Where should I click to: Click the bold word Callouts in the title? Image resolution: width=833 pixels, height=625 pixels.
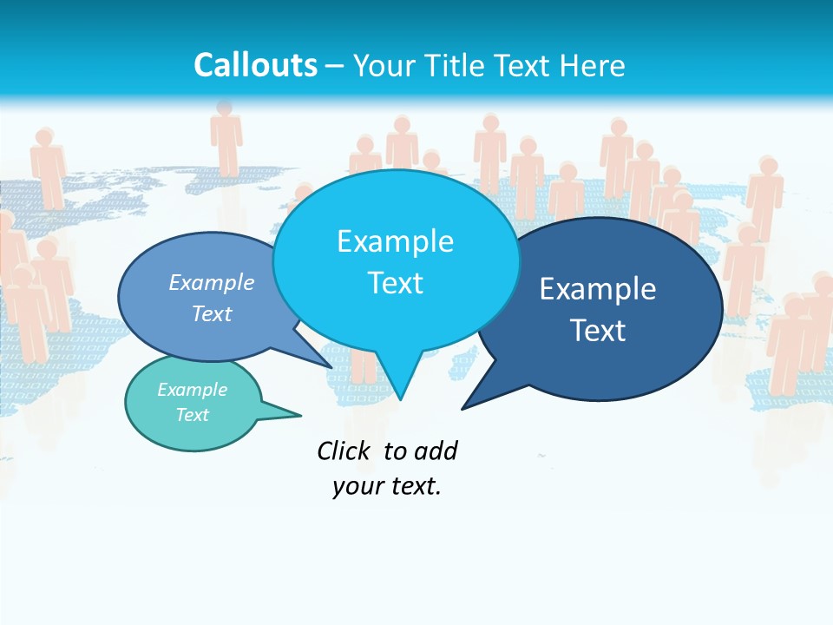(x=255, y=65)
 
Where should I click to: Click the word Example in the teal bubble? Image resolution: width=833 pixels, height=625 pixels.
(x=192, y=390)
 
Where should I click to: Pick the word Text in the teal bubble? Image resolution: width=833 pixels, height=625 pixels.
(x=192, y=415)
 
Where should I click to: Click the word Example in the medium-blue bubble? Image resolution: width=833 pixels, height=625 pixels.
(x=212, y=282)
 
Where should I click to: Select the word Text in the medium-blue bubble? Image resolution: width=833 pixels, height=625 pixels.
(x=212, y=313)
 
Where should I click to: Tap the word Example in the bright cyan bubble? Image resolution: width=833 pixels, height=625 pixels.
(x=395, y=241)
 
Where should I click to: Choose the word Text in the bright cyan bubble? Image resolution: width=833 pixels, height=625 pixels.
(x=395, y=283)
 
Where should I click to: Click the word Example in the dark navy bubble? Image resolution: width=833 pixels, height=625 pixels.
(x=598, y=289)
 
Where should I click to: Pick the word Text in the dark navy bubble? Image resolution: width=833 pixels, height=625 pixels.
(x=598, y=331)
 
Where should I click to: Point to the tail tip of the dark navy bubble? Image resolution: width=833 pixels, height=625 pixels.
(x=463, y=407)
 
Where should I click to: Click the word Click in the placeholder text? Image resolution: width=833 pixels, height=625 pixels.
(x=343, y=451)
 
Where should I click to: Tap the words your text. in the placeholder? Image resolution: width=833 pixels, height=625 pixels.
(x=387, y=486)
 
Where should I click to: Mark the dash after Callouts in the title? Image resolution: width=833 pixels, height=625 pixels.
(x=336, y=65)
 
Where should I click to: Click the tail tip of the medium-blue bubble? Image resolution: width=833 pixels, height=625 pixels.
(x=331, y=367)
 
